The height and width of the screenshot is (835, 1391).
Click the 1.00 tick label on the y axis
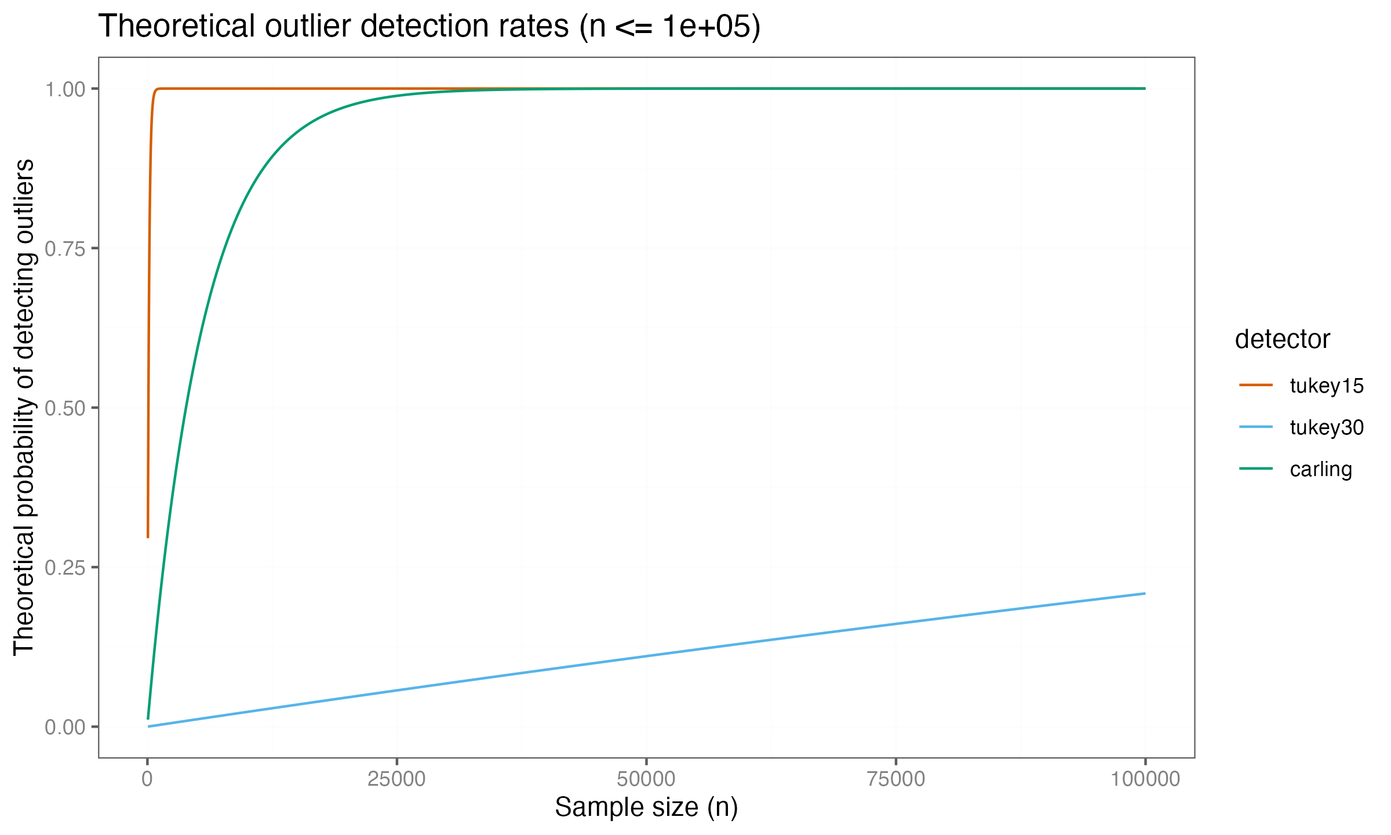pos(64,89)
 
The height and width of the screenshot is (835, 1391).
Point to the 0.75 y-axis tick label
pos(64,249)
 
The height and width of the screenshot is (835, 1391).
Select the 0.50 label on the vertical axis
pos(64,408)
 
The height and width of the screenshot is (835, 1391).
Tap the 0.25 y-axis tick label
pos(64,568)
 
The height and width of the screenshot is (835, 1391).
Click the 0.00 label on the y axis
pos(64,727)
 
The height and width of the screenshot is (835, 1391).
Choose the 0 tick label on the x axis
pos(147,779)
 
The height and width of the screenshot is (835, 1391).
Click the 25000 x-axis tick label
pos(396,779)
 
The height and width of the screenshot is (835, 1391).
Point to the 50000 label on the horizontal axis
pos(646,779)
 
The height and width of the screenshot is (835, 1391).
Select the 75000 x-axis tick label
pos(895,779)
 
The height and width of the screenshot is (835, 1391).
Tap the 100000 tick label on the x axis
pos(1145,779)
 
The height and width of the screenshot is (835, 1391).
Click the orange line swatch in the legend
pos(1256,385)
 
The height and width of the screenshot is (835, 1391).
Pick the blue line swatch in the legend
pos(1256,427)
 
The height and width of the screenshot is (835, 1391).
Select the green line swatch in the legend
pos(1256,469)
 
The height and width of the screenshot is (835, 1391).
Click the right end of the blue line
pos(1145,593)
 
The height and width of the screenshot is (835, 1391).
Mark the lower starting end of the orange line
pos(148,537)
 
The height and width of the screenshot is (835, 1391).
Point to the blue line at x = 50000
pos(646,656)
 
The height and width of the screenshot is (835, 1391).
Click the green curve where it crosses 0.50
pos(185,408)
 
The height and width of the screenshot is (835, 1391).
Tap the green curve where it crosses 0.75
pos(225,248)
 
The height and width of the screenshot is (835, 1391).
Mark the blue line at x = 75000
pos(895,624)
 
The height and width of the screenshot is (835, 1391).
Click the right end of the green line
pos(1145,89)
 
